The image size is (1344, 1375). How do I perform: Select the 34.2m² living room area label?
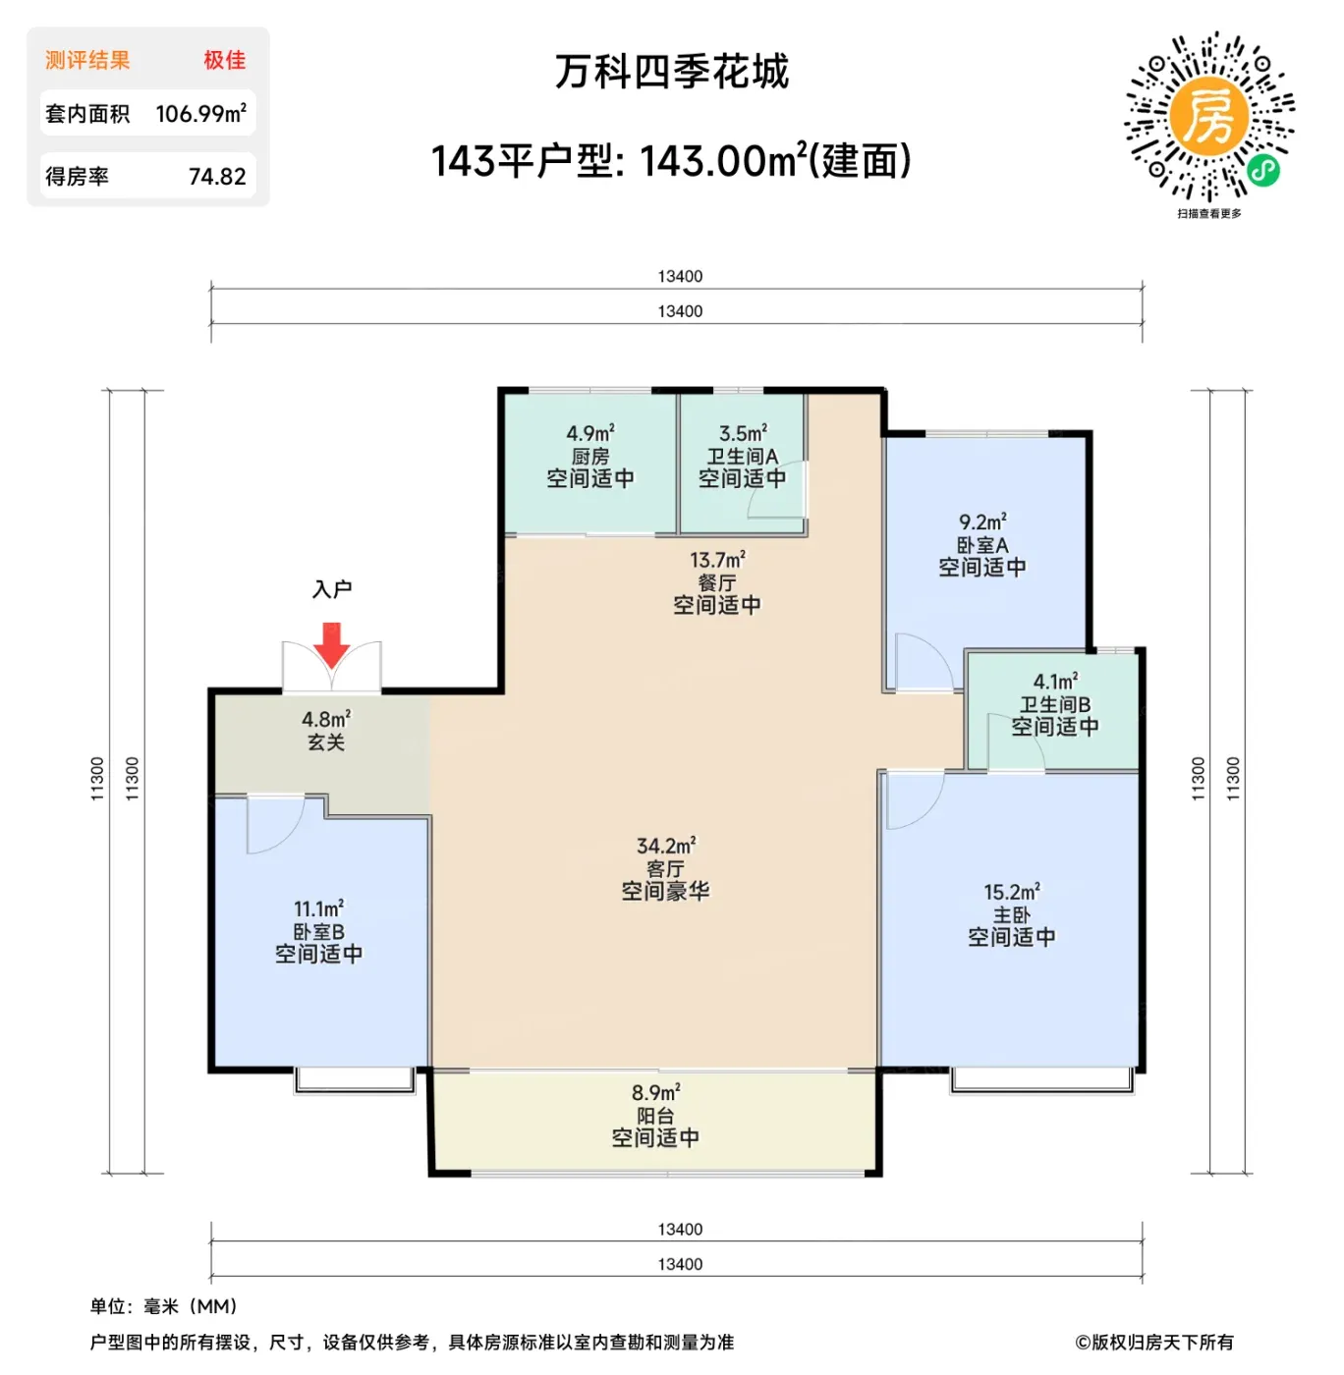coord(666,846)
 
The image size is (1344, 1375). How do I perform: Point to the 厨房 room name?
coord(590,457)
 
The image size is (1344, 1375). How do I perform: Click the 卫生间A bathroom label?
coord(742,457)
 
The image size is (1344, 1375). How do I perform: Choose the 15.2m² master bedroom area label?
coord(1012,892)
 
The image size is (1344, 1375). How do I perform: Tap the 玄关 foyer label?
coord(326,742)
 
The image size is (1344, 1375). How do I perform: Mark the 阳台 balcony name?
coord(655,1116)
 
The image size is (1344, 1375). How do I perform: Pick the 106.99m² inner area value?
coord(200,113)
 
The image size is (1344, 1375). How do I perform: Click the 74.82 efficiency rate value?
coord(217,176)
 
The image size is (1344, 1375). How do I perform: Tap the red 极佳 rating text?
coord(225,60)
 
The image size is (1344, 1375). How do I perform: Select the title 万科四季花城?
coord(671,72)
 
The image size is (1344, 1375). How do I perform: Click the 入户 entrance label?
coord(331,588)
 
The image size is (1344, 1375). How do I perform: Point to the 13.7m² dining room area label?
coord(717,561)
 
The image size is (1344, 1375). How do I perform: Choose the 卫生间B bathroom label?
coord(1055,704)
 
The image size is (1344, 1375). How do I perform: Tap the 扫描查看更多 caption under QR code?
coord(1209,213)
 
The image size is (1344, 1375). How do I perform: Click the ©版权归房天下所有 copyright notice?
coord(1154,1342)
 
